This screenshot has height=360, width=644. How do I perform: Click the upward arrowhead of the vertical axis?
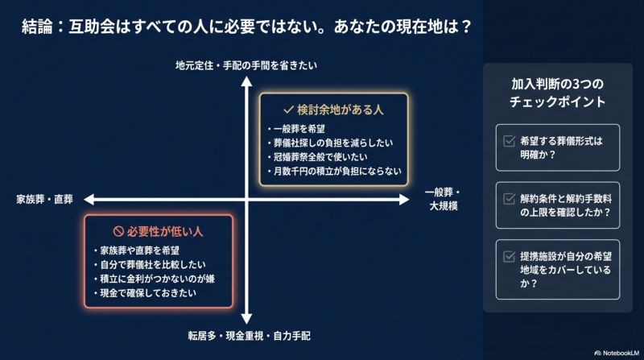coord(246,81)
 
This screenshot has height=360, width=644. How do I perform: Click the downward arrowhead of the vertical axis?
coord(246,319)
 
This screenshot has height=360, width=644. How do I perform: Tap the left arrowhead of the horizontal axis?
coord(89,199)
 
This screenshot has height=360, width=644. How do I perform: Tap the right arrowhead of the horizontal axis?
coord(404,199)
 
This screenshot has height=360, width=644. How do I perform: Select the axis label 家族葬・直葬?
coord(45,199)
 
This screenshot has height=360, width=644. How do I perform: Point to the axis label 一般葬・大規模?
coord(443,199)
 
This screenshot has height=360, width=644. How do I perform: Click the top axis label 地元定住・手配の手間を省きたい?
coord(246,65)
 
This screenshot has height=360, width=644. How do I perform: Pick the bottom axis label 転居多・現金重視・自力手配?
coord(250,336)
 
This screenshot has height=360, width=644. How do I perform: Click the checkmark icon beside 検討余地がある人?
coord(288,110)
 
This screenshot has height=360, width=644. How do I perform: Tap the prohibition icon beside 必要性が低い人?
coord(118,231)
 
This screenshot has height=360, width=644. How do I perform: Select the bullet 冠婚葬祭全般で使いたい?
coord(318,157)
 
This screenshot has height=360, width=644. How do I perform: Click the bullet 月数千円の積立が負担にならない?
coord(335,171)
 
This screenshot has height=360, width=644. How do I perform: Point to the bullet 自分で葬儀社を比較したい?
coord(150,265)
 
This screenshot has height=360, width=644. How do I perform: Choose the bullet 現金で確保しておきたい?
coord(145,293)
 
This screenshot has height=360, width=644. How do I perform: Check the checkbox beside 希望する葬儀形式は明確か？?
coord(510,141)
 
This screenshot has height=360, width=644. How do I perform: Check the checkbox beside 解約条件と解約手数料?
coord(510,199)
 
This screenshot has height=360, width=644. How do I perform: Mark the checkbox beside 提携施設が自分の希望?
coord(510,256)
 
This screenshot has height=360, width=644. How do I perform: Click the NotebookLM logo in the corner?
coord(617,353)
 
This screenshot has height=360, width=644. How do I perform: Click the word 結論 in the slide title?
coord(37,27)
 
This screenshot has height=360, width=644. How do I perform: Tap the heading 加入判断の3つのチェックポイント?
coord(557,93)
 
